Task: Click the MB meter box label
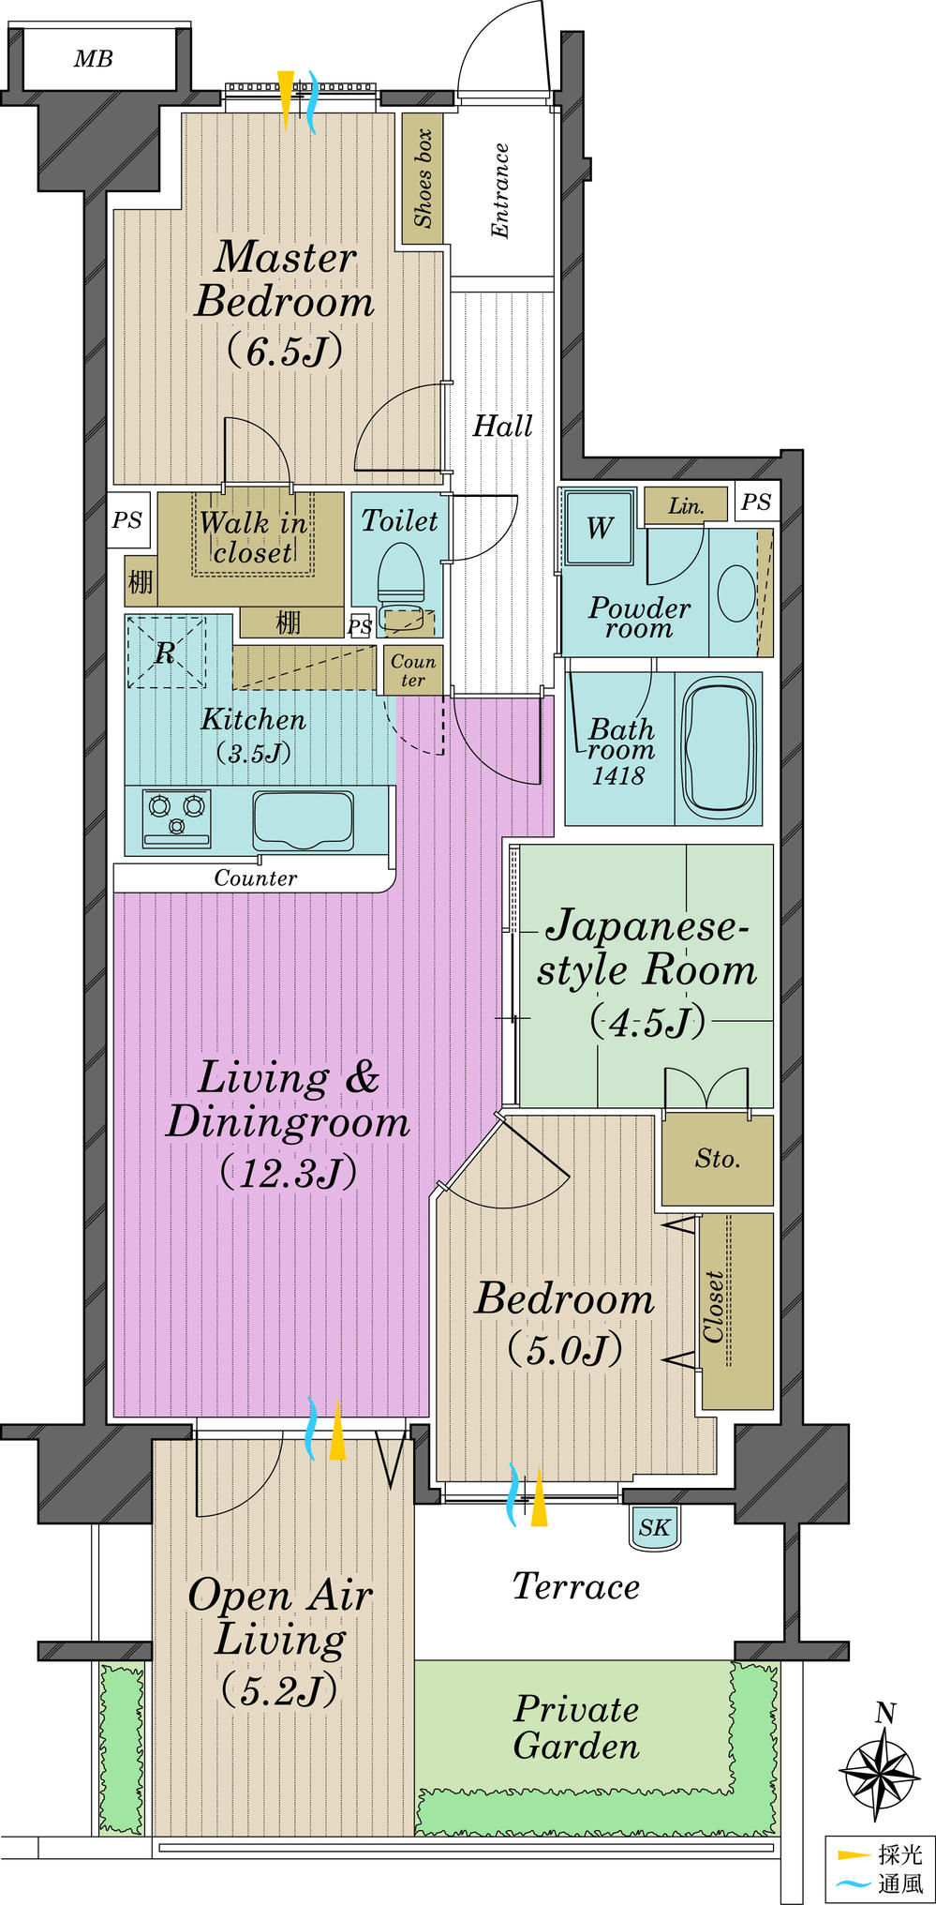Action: point(93,59)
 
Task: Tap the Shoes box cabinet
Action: point(423,178)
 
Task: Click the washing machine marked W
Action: point(600,528)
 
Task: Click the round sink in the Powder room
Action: point(735,592)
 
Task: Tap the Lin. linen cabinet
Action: point(685,505)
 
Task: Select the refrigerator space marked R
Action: point(166,652)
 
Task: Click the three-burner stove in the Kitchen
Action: point(176,817)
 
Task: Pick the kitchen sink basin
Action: point(303,819)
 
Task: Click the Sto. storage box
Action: point(717,1160)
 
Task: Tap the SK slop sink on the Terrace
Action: point(654,1527)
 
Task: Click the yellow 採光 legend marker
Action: point(854,1854)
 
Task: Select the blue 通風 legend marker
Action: point(854,1882)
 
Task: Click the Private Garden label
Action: point(576,1727)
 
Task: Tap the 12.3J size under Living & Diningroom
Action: point(288,1173)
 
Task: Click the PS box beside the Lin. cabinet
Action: point(756,502)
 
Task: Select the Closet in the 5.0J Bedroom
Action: point(736,1311)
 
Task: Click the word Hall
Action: point(502,427)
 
